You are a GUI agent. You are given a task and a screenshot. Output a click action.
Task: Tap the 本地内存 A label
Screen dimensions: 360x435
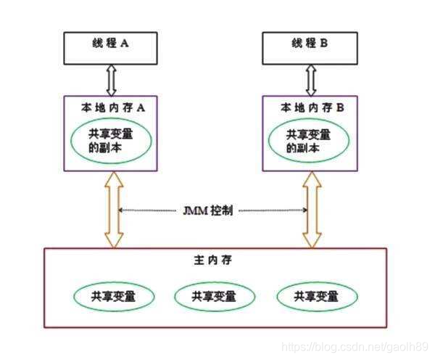click(x=114, y=107)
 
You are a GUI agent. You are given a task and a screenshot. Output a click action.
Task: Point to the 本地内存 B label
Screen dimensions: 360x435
click(x=312, y=107)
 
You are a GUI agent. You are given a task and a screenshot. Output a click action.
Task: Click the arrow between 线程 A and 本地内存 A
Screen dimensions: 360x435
click(x=112, y=78)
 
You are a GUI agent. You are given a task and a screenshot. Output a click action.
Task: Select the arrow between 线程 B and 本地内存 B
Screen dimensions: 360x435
click(x=312, y=78)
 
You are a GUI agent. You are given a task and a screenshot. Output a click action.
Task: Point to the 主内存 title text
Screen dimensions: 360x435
click(x=217, y=259)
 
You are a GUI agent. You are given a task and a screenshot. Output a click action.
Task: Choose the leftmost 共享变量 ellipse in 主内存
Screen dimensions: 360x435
click(x=113, y=296)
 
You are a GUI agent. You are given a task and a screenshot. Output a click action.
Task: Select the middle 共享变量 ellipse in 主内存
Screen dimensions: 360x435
click(x=214, y=296)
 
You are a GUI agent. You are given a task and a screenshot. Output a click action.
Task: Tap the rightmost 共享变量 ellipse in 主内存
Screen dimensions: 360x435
click(x=316, y=296)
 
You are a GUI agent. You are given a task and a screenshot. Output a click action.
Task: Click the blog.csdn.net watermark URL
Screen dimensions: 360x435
click(x=355, y=347)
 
